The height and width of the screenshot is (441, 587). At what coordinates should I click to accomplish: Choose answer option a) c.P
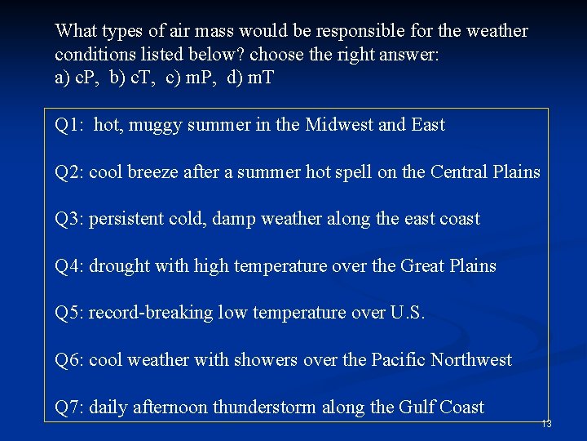[76, 79]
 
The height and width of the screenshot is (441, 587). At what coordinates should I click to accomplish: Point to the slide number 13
[546, 424]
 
